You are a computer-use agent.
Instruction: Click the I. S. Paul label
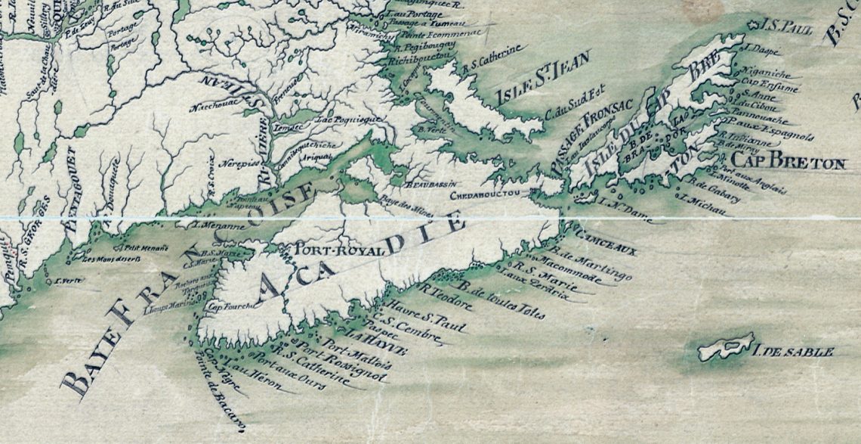point(788,28)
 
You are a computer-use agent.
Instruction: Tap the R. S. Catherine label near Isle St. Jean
point(491,60)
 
